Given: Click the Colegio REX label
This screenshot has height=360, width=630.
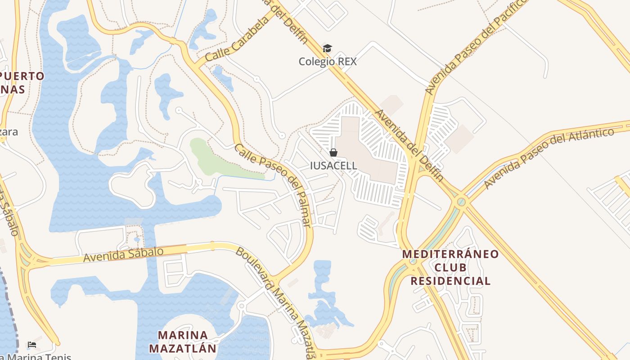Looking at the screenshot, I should [x=328, y=62].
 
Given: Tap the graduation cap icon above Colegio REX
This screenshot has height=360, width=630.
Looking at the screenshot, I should [x=327, y=49].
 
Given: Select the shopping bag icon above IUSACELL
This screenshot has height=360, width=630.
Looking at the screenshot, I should [x=333, y=153].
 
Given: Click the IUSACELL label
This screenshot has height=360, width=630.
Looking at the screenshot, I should [x=333, y=166].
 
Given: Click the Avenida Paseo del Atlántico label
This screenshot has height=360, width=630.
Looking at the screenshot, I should [x=549, y=158].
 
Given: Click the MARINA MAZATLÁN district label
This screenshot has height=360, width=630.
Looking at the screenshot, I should [x=183, y=342].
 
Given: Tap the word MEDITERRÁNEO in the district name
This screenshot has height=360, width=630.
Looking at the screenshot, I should [x=450, y=254].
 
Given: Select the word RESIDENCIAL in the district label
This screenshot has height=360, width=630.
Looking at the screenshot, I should [x=450, y=281].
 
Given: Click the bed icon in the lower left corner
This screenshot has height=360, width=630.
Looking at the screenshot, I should [x=32, y=345].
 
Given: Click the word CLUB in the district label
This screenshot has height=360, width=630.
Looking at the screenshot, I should [x=450, y=268].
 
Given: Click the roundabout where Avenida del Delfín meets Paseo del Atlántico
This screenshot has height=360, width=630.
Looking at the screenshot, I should [x=460, y=201].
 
